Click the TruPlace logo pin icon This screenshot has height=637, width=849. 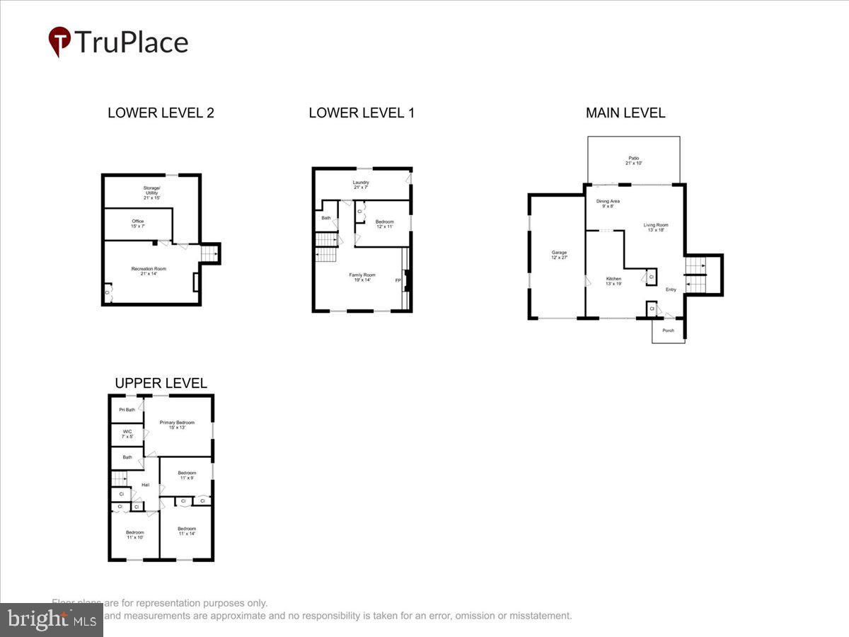59,40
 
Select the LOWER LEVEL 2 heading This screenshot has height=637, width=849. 161,113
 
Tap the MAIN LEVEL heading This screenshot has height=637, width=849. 625,113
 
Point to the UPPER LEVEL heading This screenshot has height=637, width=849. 161,384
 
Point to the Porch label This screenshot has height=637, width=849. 668,331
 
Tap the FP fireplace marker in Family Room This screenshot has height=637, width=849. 398,280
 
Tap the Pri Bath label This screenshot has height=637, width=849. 127,409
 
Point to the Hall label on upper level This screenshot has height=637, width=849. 145,485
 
